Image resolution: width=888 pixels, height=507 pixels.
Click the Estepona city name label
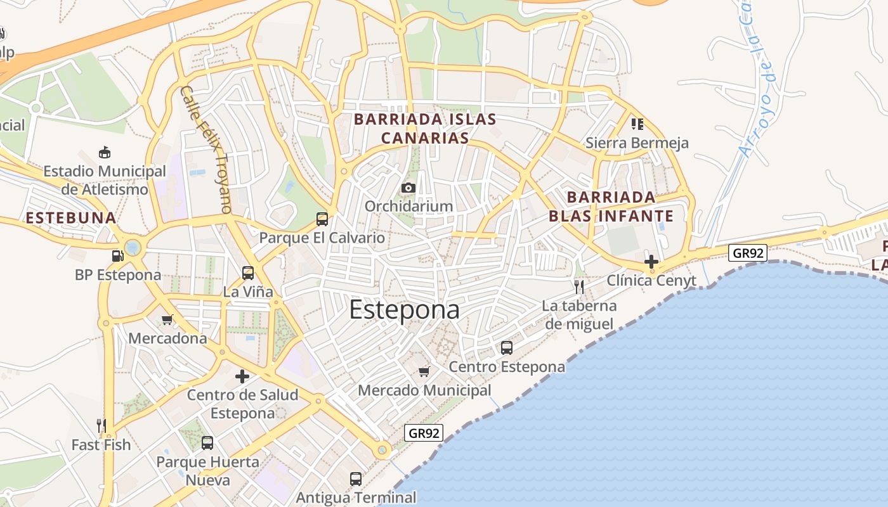coord(404,309)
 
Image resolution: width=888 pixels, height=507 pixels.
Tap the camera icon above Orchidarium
coord(408,188)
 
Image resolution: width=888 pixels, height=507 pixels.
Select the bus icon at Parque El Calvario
coord(322,219)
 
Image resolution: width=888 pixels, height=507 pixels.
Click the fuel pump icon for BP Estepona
coord(117,256)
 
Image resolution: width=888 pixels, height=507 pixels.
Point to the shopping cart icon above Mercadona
coord(167,319)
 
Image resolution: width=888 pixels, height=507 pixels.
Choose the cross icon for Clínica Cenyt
coord(651,261)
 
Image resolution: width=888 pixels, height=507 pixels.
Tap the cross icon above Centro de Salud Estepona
coord(242,376)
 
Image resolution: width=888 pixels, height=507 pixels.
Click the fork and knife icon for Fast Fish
coord(101,425)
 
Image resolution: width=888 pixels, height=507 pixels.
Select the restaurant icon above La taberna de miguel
coord(578,287)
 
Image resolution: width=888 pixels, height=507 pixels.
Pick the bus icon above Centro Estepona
coord(507,348)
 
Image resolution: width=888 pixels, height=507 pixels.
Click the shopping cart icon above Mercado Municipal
coord(424,371)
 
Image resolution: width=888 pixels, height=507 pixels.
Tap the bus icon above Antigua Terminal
coord(356,479)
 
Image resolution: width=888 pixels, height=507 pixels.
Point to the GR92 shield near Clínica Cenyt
coord(748,253)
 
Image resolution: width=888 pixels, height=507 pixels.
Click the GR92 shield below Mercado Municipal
coord(424,433)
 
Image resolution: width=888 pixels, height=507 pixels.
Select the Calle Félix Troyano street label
coord(206,150)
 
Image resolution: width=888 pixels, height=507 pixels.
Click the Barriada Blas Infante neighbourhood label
coord(611,207)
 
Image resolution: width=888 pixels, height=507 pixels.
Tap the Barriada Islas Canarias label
coord(425,129)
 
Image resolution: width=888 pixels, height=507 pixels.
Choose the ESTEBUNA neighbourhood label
coord(70,218)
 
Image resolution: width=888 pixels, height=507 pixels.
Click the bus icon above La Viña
coord(248,273)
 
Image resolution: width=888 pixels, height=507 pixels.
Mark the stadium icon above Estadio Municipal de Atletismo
coord(105,152)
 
